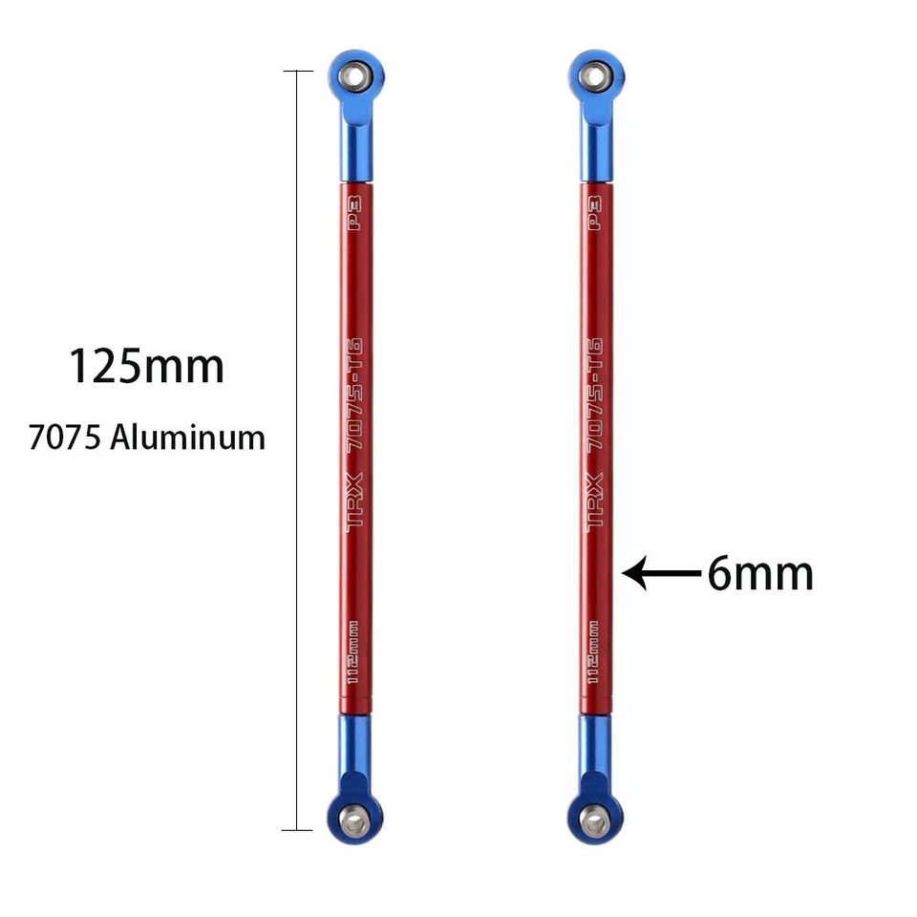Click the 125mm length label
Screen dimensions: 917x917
click(146, 367)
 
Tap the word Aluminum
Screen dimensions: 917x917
click(187, 437)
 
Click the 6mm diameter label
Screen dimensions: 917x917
click(760, 574)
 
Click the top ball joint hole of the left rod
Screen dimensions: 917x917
click(355, 75)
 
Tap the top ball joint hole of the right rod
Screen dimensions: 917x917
click(595, 75)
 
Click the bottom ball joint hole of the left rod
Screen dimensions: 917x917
click(355, 820)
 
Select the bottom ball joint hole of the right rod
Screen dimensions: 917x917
click(595, 820)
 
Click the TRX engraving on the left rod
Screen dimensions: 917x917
click(354, 501)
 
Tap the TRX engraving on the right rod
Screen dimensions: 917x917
click(594, 501)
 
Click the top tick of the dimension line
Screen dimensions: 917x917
click(298, 72)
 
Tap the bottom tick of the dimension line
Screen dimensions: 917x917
click(298, 829)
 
